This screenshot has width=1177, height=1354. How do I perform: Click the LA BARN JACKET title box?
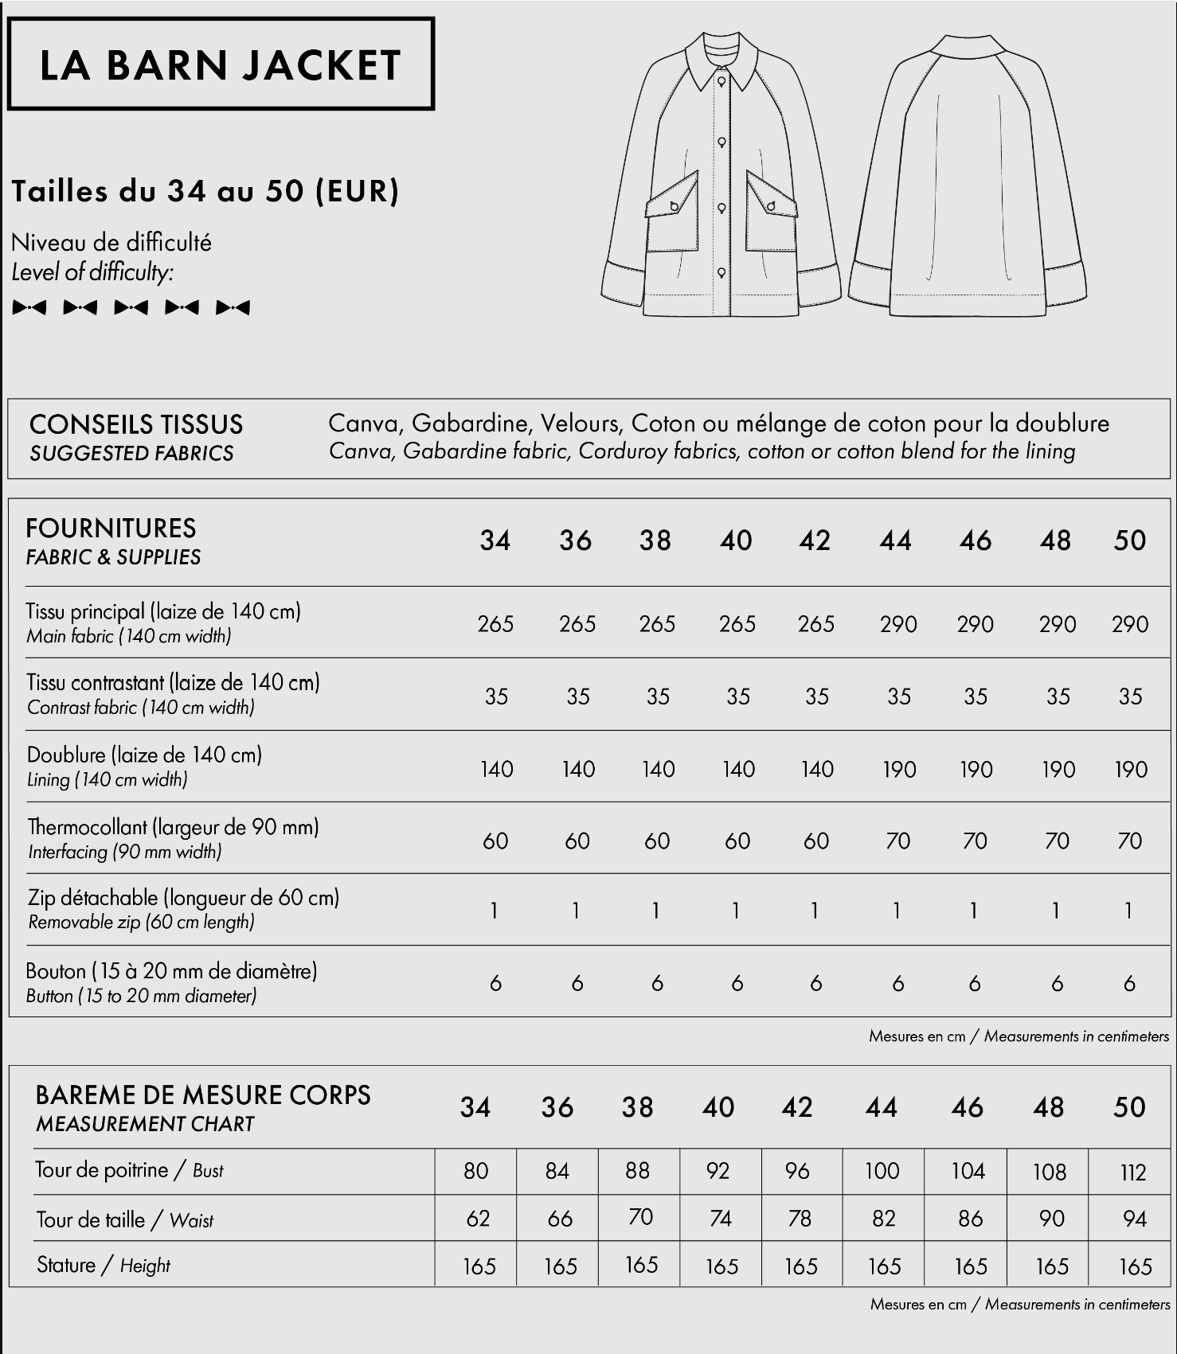221,64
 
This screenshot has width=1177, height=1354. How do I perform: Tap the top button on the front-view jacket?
721,81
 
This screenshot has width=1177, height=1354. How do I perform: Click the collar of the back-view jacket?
967,47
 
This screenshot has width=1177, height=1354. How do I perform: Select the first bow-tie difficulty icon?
29,307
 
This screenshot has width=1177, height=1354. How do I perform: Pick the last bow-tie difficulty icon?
233,307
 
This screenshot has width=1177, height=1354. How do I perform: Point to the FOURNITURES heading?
111,529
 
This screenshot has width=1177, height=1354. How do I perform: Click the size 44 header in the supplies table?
896,540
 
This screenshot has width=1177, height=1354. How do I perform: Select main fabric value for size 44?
897,624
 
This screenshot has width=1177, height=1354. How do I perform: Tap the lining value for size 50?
1130,770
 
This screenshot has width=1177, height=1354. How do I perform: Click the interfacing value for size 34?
495,841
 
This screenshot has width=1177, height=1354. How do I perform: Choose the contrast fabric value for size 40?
737,697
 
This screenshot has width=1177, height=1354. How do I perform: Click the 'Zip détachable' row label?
183,899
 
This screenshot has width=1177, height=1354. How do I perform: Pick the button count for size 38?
657,984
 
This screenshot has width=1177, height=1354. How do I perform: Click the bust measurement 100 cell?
882,1171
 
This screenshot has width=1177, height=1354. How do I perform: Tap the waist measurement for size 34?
478,1219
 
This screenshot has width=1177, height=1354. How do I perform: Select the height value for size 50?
1135,1266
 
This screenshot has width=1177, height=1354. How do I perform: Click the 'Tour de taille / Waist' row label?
125,1219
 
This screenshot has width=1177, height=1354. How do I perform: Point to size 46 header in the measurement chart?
968,1107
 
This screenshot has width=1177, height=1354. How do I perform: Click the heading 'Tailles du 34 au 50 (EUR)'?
205,192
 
